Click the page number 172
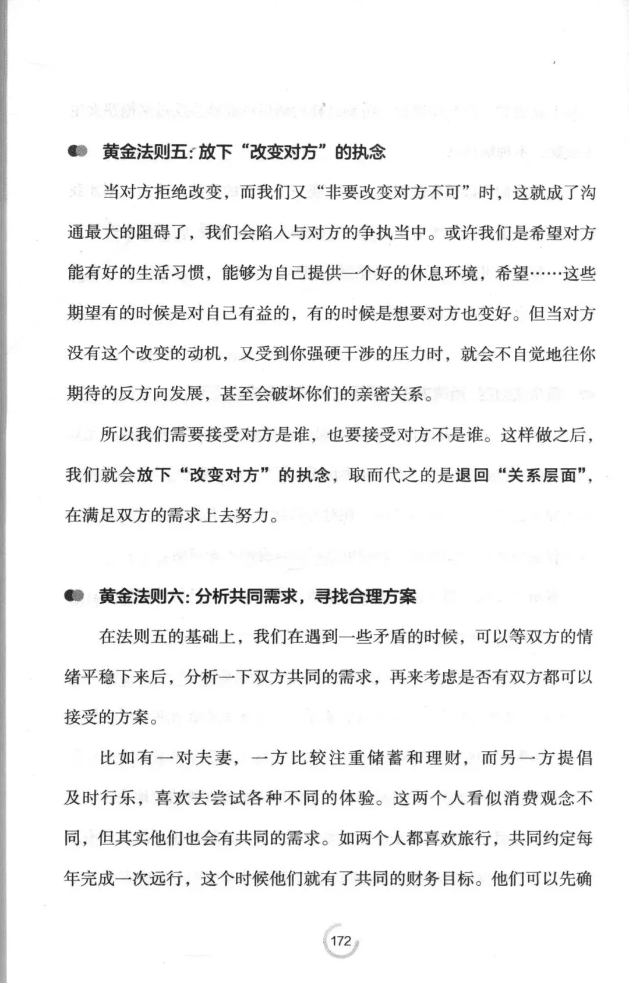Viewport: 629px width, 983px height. point(341,941)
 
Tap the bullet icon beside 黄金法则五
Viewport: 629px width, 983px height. point(77,152)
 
